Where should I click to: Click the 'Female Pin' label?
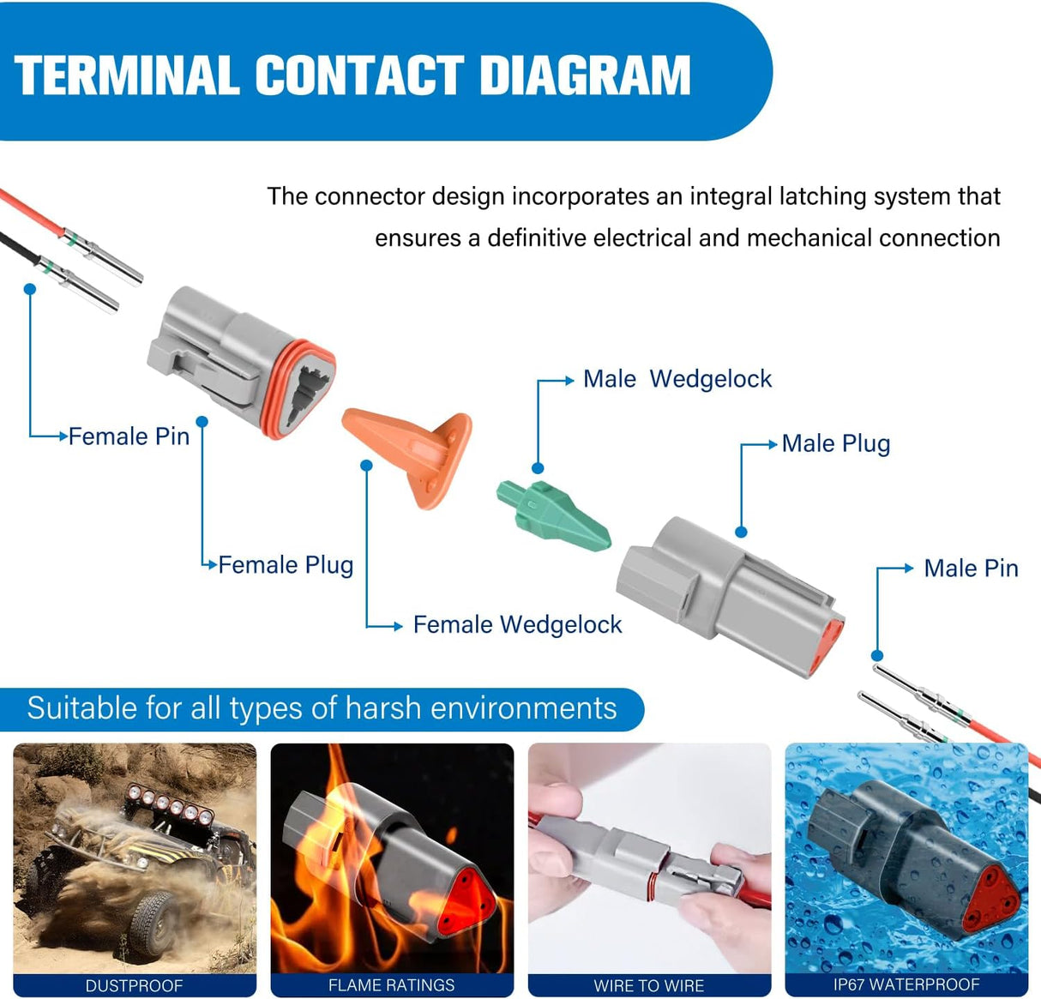tap(129, 436)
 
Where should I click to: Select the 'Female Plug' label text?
tap(286, 565)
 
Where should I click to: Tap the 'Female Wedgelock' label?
tap(517, 625)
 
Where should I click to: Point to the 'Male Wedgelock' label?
tap(677, 379)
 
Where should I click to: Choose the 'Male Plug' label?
tap(836, 444)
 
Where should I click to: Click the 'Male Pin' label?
tap(971, 569)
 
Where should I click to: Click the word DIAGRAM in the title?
tap(585, 75)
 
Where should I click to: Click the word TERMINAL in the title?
tap(127, 75)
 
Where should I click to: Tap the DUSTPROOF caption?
tap(135, 985)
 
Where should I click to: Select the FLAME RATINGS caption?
tap(392, 985)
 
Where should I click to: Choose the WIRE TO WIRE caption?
tap(649, 985)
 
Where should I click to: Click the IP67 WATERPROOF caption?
tap(906, 984)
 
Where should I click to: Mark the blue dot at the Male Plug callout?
tap(741, 532)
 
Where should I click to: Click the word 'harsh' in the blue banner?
tap(382, 709)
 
